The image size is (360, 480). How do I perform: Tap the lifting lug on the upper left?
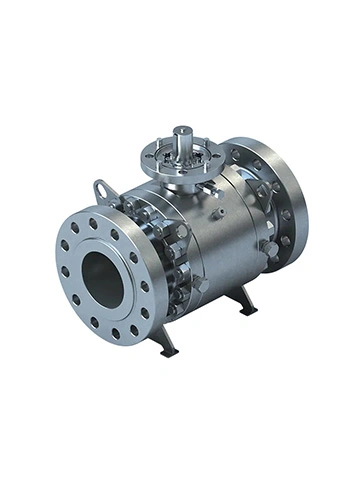click(x=102, y=189)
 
